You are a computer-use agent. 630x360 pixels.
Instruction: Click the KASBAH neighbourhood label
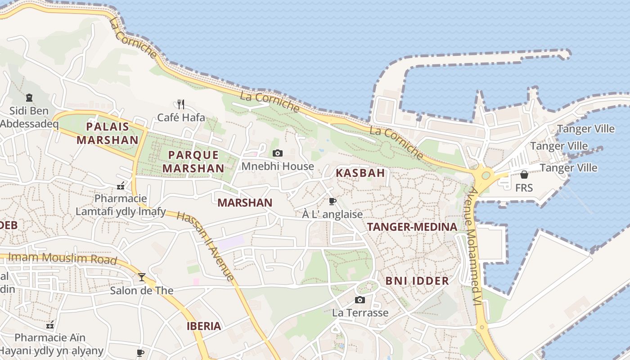coord(360,173)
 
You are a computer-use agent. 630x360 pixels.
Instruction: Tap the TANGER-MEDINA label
coord(412,227)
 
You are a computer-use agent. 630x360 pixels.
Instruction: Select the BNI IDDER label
coord(417,281)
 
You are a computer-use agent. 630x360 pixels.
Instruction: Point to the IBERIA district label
coord(204,326)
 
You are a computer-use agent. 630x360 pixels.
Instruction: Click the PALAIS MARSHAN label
coord(108,133)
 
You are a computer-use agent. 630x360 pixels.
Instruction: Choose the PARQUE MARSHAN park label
coord(193,162)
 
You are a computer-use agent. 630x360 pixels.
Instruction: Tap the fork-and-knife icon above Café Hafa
coord(181,104)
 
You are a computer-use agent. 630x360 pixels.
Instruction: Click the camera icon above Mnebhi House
coord(278,153)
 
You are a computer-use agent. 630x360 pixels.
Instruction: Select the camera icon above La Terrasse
coord(360,300)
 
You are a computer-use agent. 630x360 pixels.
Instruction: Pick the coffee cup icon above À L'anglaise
coord(333,201)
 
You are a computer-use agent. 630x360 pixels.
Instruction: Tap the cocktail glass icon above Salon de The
coord(142,277)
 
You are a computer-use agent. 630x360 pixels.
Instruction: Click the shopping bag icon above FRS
coord(524,175)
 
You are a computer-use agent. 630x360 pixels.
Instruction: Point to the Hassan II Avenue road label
coord(206,246)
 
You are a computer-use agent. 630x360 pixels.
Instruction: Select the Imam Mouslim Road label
coord(63,258)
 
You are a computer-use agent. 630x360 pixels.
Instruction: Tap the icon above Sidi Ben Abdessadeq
coord(29,97)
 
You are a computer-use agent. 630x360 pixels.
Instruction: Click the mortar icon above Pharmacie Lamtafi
coord(121,185)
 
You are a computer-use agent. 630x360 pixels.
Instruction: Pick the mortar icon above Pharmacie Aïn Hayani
coord(50,324)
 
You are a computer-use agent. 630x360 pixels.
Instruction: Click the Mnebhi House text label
coord(278,166)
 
